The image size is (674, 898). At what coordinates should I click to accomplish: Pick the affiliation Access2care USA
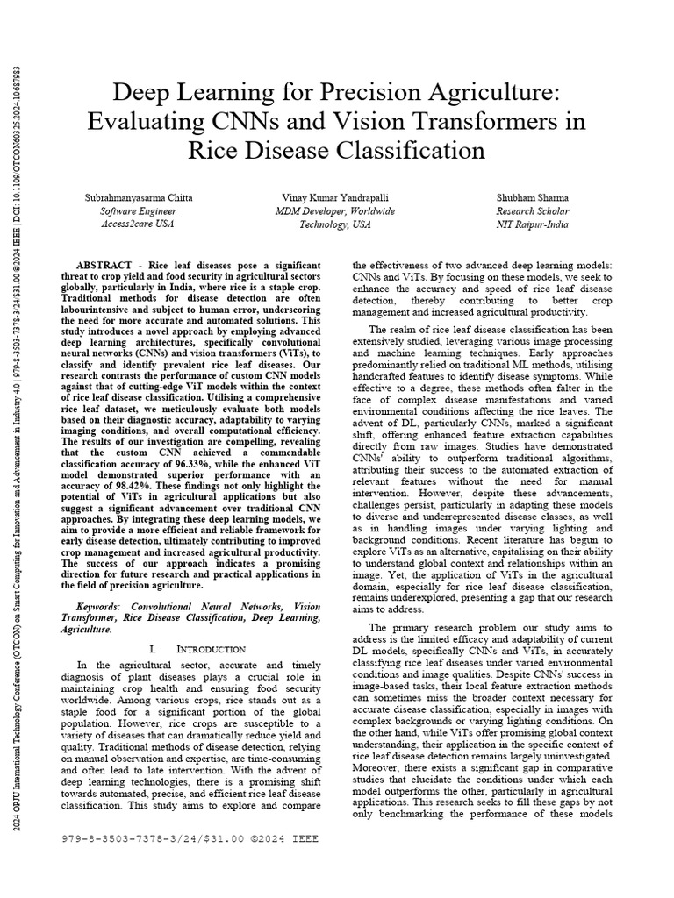(x=138, y=224)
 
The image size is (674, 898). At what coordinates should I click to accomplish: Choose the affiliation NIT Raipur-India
(x=533, y=224)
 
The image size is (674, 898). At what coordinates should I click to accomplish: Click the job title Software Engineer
(x=138, y=210)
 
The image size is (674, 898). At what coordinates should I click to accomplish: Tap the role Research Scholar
(x=533, y=210)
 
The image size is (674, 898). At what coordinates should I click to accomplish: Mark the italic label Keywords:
(x=100, y=606)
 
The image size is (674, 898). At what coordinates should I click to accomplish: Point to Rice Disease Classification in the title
(x=336, y=150)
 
